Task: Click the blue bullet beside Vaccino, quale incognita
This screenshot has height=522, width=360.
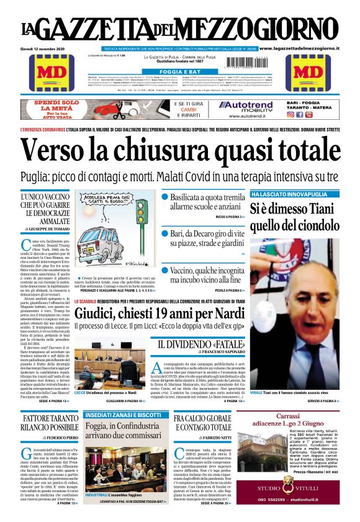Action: [x=165, y=271]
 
